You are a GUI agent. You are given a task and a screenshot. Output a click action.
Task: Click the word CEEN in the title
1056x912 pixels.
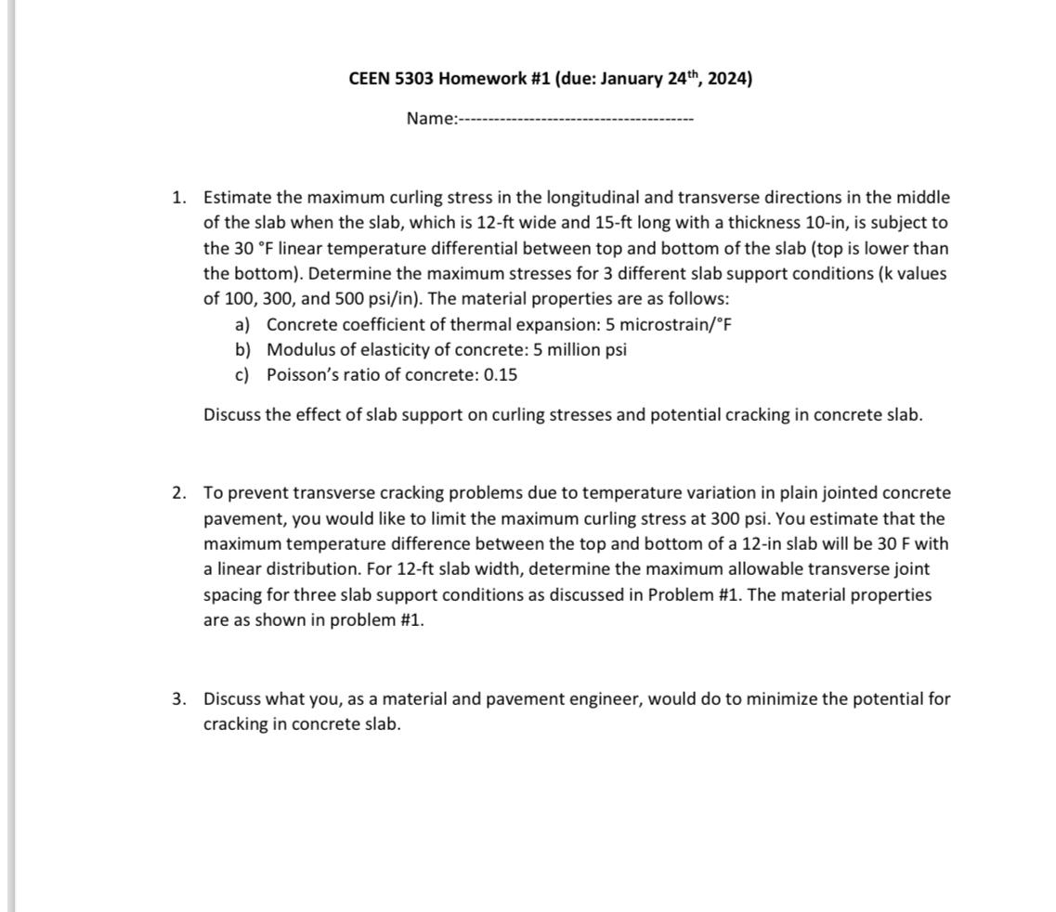click(370, 78)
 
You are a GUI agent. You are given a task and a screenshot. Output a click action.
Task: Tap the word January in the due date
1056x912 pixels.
click(632, 78)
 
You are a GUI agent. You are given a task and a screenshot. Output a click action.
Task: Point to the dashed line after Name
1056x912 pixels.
click(577, 119)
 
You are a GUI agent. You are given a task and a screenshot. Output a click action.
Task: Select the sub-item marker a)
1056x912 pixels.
click(243, 324)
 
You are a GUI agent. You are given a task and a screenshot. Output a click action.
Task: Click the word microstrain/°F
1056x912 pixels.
click(676, 324)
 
